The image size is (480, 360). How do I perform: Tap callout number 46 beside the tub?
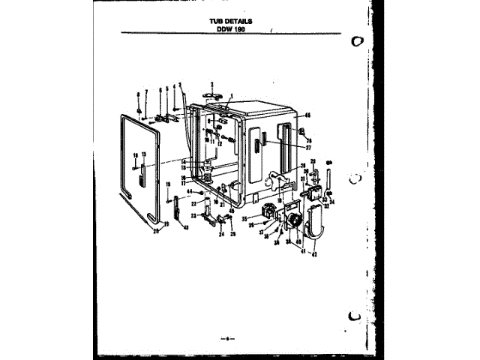307,115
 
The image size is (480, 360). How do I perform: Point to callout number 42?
315,256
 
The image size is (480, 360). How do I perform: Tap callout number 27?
307,148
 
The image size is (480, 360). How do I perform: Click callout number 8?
139,92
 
